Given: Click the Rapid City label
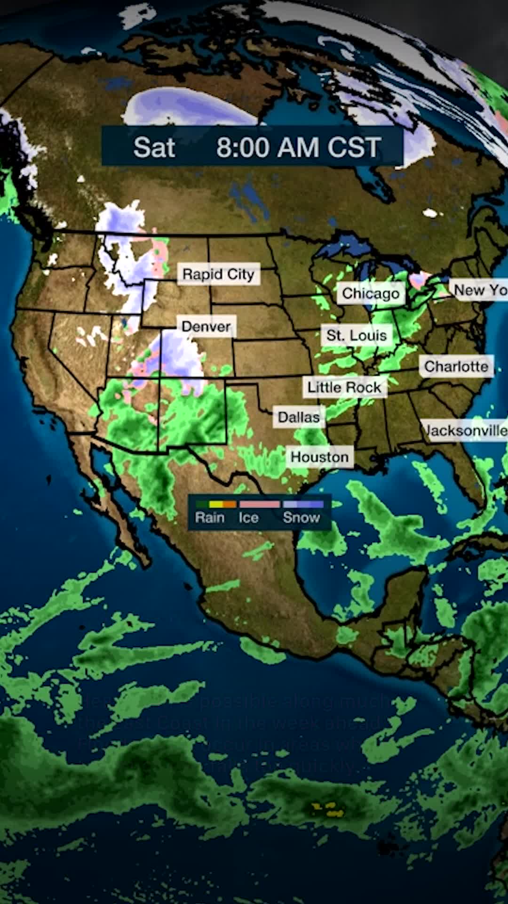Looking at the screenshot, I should tap(218, 274).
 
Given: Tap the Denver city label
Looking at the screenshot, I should tap(206, 326).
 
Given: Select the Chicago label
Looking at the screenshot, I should tap(371, 293).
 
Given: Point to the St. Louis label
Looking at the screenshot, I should tap(357, 335).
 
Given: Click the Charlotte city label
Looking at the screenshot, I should tap(456, 366).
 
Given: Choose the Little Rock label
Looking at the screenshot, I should tap(344, 387).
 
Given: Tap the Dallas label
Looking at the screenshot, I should tap(299, 417).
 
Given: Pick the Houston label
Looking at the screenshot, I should tap(319, 457).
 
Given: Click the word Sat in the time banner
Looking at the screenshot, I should tap(154, 147).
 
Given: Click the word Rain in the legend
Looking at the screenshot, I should tap(210, 517).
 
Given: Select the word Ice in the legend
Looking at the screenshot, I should tap(248, 517).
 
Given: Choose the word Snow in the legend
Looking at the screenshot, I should tap(301, 517).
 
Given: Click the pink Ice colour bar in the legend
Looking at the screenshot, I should tap(260, 504).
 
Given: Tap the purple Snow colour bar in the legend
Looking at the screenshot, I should tap(303, 504).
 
